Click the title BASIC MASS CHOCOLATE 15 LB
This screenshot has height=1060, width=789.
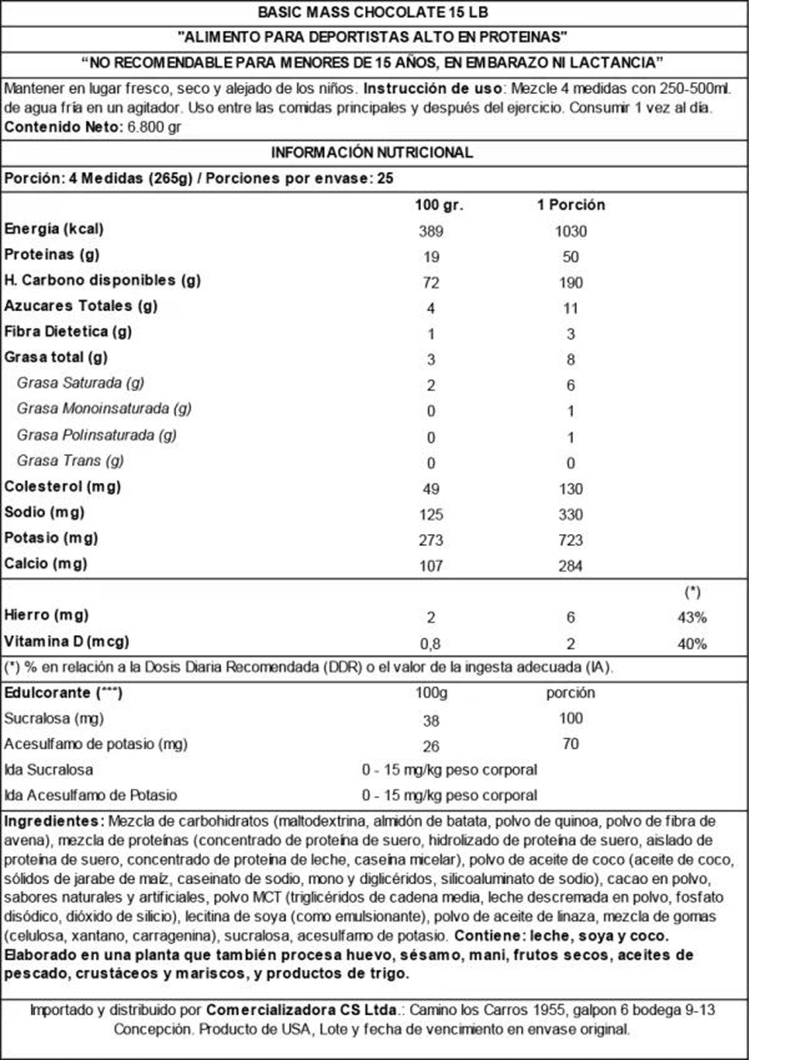tap(373, 12)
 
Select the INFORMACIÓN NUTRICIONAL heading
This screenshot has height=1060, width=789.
tap(372, 152)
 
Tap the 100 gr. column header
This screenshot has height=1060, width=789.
tap(439, 205)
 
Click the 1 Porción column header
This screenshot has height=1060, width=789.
tap(571, 205)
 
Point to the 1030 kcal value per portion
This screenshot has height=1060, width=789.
tap(571, 231)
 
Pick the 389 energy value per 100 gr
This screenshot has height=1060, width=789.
tap(431, 231)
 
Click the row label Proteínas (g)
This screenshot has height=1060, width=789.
tap(52, 254)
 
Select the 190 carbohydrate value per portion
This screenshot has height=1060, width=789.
tap(571, 282)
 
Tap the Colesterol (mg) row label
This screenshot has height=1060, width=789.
tap(62, 487)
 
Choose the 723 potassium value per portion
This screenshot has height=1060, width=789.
tap(571, 540)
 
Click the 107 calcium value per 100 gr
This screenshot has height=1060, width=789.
tap(431, 566)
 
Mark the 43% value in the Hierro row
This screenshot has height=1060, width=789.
tap(692, 617)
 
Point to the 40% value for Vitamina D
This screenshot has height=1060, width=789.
tap(692, 644)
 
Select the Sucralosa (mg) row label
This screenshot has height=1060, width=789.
tap(54, 718)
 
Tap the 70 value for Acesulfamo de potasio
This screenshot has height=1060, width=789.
tap(571, 744)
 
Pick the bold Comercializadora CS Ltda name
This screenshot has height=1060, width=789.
tap(301, 1010)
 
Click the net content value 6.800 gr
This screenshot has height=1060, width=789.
tap(154, 127)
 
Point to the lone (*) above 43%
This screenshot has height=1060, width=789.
tap(693, 592)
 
